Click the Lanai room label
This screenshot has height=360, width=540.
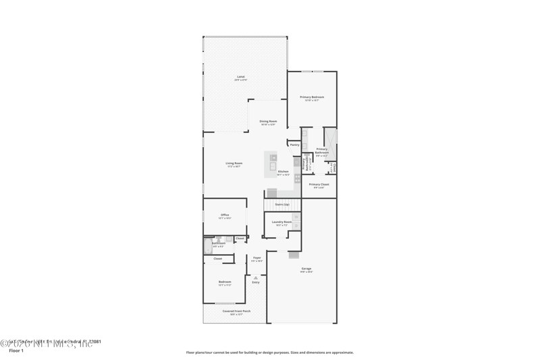coord(241,77)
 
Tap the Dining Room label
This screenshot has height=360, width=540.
coord(268,122)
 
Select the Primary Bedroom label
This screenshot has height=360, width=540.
coord(312,97)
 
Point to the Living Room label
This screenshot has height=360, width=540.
coord(234,163)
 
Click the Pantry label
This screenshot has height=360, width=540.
coord(294,145)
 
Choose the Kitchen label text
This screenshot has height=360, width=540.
coord(283,172)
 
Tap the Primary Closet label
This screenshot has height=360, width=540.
coord(319,184)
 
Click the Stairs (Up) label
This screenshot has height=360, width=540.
coord(282,204)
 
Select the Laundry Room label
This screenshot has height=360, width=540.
coord(281,222)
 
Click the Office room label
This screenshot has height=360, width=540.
coord(225,215)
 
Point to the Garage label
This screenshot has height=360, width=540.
coord(306,269)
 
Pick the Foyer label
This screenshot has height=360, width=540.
coord(256,258)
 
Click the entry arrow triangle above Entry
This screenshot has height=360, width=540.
coord(256,277)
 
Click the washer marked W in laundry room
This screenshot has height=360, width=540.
coord(296,217)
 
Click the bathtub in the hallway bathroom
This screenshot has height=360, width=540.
coord(208,245)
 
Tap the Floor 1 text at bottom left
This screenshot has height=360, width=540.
coord(16,351)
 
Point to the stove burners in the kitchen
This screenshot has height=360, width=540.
coord(297,178)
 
